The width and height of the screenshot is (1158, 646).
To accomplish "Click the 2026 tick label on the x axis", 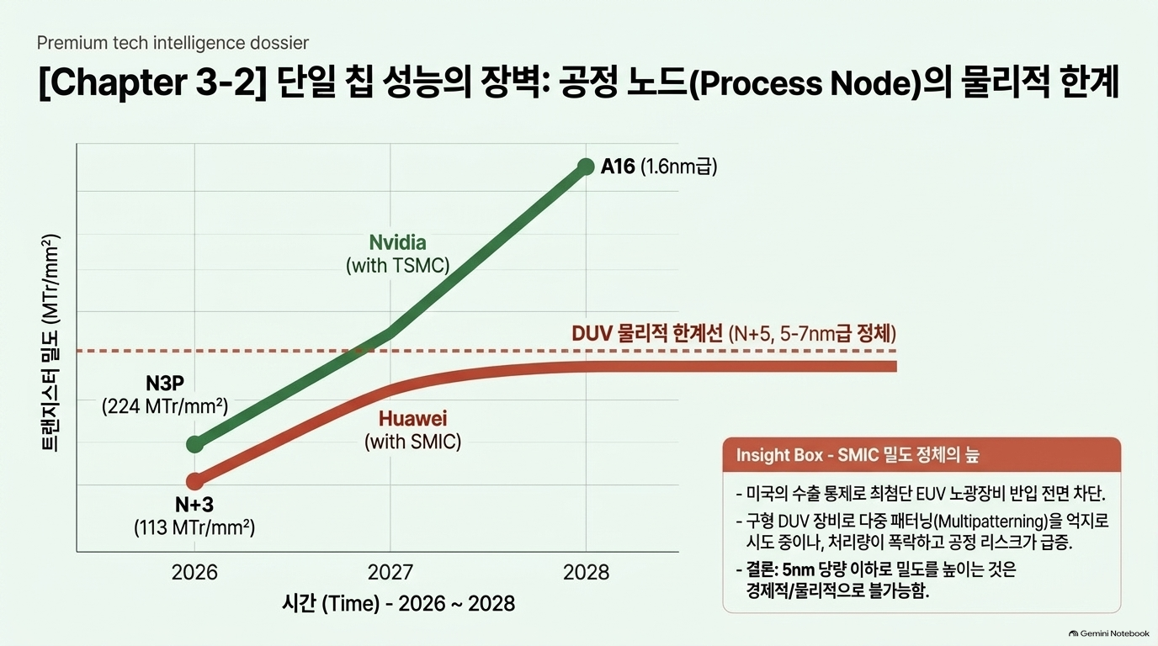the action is (x=194, y=573).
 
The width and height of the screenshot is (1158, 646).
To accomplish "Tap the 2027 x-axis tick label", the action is (x=390, y=573).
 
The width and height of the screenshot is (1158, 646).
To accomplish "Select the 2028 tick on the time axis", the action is (x=587, y=573).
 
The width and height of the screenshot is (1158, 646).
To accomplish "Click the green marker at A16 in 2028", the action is (x=586, y=167).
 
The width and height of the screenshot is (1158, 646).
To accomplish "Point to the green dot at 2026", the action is (x=195, y=444).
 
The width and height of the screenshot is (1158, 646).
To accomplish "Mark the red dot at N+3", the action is (x=195, y=482).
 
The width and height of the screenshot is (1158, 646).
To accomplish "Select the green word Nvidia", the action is (x=397, y=242).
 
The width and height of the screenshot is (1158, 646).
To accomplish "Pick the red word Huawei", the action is (x=412, y=419).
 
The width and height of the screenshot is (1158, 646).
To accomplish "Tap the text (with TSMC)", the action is (x=397, y=266).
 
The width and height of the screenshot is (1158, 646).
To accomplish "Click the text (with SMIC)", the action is (x=412, y=442).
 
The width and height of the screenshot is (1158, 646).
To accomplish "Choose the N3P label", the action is (x=165, y=384).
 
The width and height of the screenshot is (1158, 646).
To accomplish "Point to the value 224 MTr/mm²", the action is (x=165, y=406).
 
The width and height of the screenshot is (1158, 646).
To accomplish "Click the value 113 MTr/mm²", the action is (x=194, y=527).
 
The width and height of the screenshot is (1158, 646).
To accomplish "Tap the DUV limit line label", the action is (x=734, y=334).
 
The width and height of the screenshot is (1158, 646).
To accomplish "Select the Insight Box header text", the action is (x=858, y=455).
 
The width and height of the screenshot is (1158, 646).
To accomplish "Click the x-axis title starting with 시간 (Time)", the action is (x=398, y=604).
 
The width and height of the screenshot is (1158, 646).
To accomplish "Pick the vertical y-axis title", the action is (x=50, y=343).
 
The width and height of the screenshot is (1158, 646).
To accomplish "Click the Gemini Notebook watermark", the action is (x=1108, y=633).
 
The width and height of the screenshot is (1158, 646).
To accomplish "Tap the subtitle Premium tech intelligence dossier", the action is (x=173, y=43).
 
